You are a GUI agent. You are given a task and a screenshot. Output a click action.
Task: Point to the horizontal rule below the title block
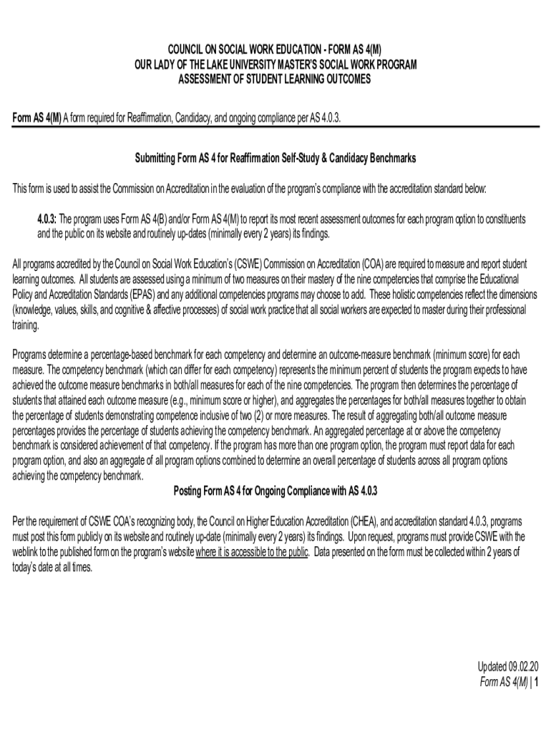click(275, 127)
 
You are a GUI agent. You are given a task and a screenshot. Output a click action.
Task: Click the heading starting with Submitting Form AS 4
click(275, 157)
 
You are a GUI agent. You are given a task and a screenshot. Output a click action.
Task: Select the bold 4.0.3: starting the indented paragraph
click(52, 218)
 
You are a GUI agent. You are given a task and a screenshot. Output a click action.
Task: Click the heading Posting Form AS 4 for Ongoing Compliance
click(275, 492)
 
